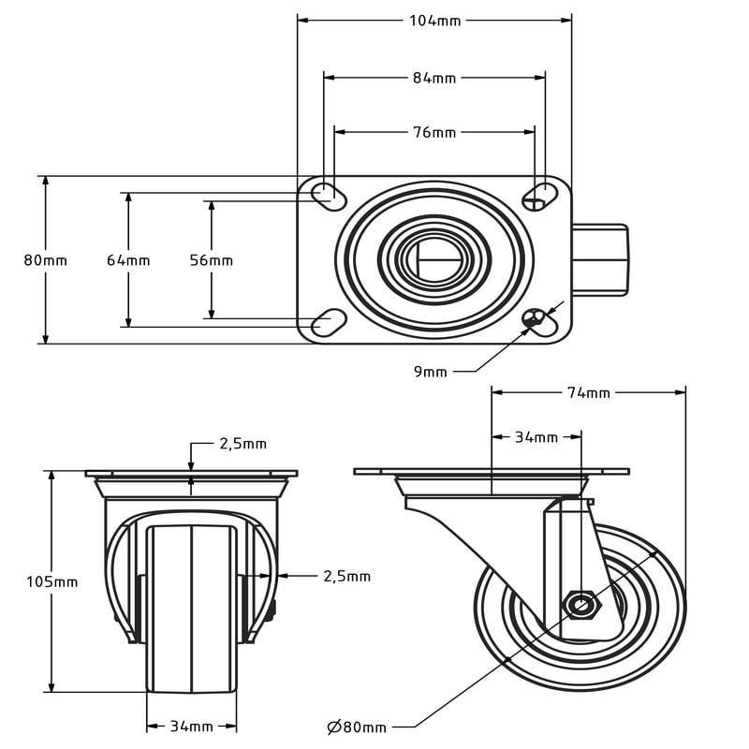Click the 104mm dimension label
pos(434,21)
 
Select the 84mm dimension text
pos(434,78)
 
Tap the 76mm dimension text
pos(434,132)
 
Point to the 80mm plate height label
pos(45,260)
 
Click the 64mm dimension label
pos(128,260)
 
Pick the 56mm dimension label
pos(212,260)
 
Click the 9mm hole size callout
pos(431,372)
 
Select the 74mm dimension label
pos(589,392)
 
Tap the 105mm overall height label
pos(52,581)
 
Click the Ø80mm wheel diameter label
pos(357,727)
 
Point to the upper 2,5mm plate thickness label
pos(243,444)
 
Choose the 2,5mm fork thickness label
pos(346,576)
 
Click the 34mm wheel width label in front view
pos(192,727)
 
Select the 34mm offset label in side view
pos(536,437)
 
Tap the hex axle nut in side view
pos(581,606)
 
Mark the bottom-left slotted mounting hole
pos(329,323)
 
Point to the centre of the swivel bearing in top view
pos(434,260)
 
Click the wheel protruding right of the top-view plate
pos(600,260)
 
